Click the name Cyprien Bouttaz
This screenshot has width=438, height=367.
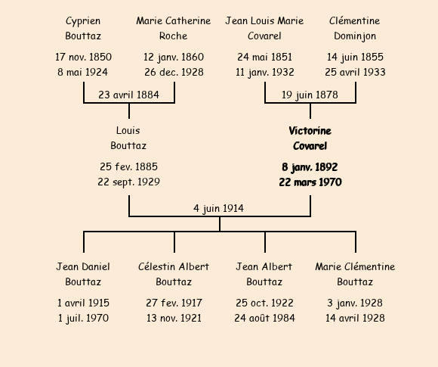(x=83, y=28)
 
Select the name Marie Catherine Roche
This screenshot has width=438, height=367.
(x=174, y=28)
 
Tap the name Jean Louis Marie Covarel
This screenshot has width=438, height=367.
(x=264, y=28)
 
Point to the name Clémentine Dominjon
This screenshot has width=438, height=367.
(x=355, y=28)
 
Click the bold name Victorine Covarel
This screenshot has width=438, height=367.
(x=310, y=138)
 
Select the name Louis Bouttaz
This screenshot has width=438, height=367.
(x=128, y=138)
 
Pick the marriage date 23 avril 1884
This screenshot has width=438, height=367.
(x=129, y=95)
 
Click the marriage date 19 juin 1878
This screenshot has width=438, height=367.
(x=310, y=95)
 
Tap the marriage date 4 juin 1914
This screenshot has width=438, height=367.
(x=218, y=209)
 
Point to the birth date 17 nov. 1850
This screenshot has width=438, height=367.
(x=83, y=57)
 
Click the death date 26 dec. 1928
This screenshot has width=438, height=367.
(x=174, y=72)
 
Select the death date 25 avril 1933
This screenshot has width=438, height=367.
(x=355, y=72)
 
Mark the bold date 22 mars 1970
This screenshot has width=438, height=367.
(x=310, y=182)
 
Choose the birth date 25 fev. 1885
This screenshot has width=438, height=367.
(x=128, y=166)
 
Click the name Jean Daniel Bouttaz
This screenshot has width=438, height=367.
(x=83, y=274)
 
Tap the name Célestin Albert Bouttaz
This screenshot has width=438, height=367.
(x=174, y=274)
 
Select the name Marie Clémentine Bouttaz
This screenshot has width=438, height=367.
(x=355, y=274)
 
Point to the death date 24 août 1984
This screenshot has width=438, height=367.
(x=264, y=318)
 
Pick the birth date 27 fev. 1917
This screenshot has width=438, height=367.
(x=174, y=303)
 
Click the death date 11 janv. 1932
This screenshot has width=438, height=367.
(x=264, y=72)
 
